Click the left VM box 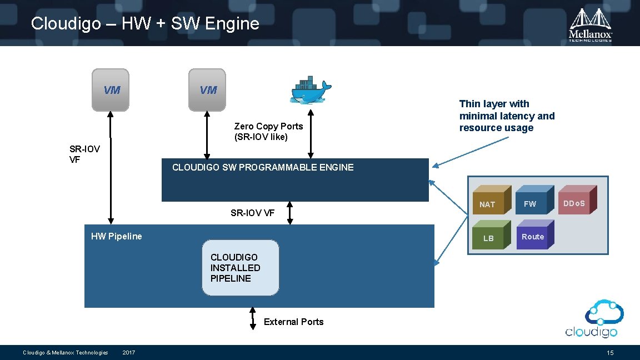pos(110,89)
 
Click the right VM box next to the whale pos(207,89)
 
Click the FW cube pos(532,202)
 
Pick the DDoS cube pos(576,201)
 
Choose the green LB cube pos(490,236)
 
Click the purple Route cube pos(534,235)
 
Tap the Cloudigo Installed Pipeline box pos(240,267)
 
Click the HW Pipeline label pos(117,236)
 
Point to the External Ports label pos(293,322)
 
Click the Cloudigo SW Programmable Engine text pos(263,167)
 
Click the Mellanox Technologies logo pos(591,25)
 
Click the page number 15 pos(610,353)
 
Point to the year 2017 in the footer pos(129,353)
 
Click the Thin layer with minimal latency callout pos(507,116)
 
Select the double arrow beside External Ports pos(252,318)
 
